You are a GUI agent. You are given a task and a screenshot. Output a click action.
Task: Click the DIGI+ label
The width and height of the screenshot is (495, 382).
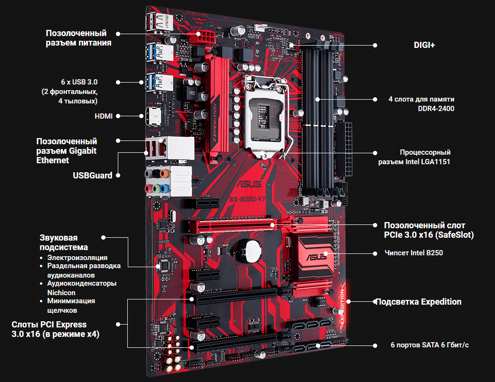point(424,46)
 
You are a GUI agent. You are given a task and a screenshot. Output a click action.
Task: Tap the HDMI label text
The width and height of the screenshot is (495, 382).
point(103,116)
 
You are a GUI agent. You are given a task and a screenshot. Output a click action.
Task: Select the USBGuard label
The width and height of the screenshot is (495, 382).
point(93,175)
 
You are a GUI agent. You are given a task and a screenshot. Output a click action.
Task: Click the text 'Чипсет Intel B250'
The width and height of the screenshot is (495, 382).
point(413,253)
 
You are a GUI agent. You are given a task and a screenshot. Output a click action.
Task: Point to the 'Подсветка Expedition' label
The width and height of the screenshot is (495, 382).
point(419,302)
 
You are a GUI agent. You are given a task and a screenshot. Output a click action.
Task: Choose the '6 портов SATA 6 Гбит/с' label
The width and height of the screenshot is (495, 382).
point(429,345)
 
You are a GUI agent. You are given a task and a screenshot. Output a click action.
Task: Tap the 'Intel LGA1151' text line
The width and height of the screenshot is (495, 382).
point(414,162)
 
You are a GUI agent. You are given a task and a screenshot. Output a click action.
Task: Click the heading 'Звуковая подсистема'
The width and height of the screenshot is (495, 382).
point(64,242)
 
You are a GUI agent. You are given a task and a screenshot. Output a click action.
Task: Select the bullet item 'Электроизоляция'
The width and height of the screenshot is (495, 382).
point(77,257)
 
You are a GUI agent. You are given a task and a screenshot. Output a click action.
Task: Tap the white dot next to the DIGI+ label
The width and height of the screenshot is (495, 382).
point(375,46)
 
